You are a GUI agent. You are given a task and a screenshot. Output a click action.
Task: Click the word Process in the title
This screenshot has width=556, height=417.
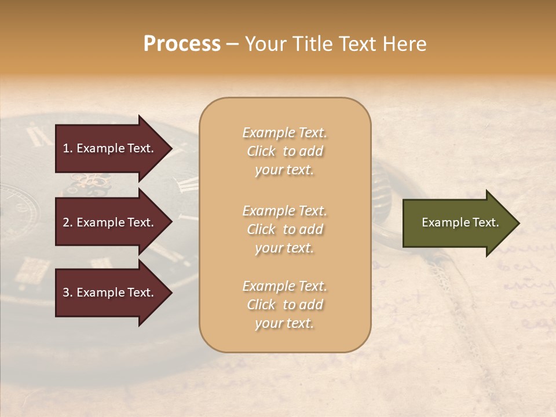point(182,44)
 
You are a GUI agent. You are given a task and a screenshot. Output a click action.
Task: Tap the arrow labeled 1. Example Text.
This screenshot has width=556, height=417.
point(110,148)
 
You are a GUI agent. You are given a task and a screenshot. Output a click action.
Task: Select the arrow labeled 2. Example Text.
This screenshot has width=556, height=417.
point(110,222)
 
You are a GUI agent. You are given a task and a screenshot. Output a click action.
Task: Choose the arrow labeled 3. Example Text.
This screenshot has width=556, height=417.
point(110,292)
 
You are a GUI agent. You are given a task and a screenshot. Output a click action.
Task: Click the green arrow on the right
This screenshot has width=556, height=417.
point(458,223)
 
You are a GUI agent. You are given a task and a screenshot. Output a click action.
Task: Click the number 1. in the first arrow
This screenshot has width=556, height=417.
point(68,148)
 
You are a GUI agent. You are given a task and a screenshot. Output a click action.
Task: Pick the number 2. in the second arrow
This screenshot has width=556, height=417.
point(68,222)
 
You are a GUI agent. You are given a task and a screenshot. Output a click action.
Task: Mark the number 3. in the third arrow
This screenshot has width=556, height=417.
point(68,292)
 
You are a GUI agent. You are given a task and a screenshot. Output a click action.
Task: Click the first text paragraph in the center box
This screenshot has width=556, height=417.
point(284,151)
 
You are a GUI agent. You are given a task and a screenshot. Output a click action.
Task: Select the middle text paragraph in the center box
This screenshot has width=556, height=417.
point(284,229)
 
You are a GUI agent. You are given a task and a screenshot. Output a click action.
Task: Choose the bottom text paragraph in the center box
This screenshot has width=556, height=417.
point(284,305)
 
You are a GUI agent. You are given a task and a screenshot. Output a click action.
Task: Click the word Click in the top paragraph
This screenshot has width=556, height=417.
point(261,151)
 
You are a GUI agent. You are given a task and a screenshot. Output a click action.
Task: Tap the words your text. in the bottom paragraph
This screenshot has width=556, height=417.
point(284,323)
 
